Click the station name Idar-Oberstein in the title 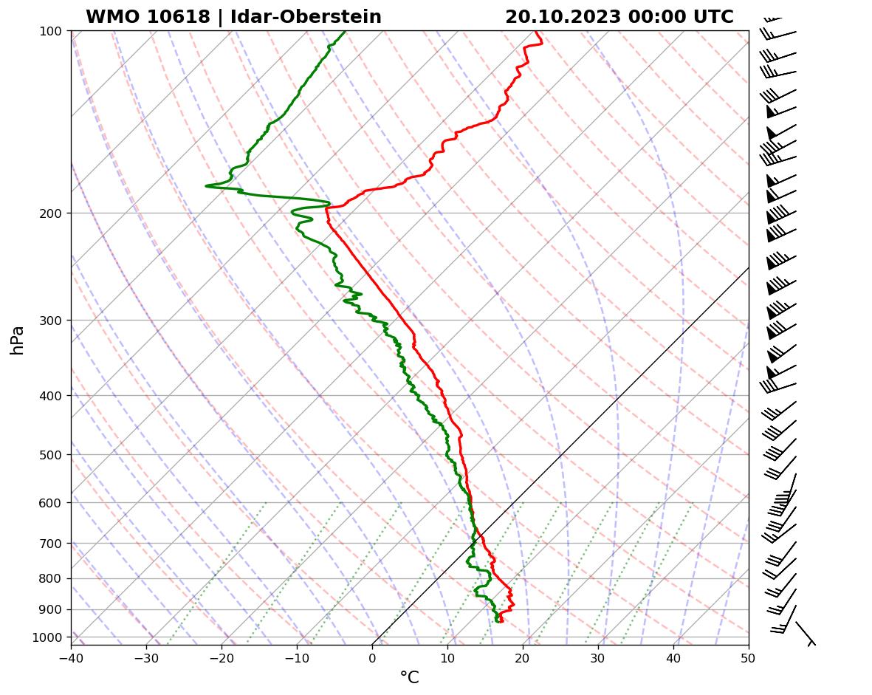point(306,17)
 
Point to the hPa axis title point(17,340)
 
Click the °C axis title point(409,678)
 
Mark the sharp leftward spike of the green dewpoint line point(207,185)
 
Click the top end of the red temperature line point(537,32)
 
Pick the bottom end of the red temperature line point(502,621)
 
